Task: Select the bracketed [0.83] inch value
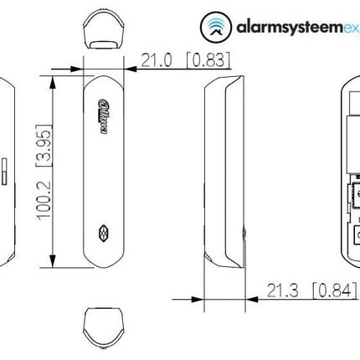point(207,61)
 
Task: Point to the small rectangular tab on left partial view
point(4,172)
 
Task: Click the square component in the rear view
point(354,197)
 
